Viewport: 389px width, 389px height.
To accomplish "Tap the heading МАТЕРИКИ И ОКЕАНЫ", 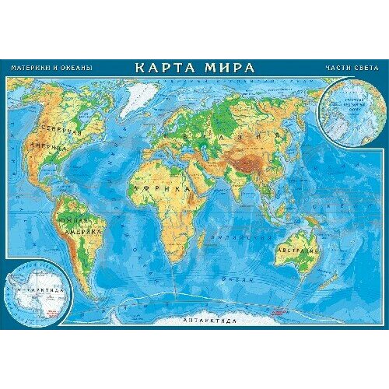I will [x=51, y=68].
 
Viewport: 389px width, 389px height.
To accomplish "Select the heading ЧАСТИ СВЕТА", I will [x=349, y=68].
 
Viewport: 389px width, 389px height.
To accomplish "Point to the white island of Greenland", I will [x=139, y=97].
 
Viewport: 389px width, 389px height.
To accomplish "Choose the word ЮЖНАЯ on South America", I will [x=82, y=222].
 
